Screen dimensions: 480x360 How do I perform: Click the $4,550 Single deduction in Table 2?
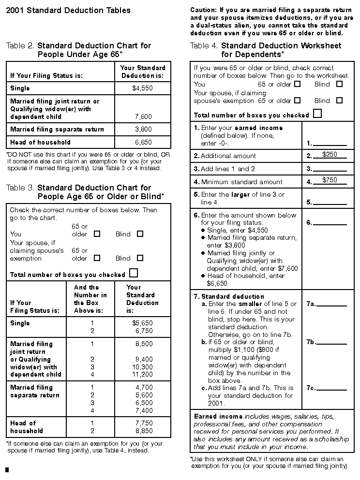[x=142, y=88]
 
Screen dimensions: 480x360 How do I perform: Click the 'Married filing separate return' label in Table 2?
[x=57, y=130]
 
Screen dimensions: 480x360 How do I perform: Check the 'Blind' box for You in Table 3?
[x=140, y=234]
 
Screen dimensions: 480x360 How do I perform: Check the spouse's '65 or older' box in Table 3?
[x=97, y=258]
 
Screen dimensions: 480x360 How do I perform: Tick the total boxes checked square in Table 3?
[x=133, y=273]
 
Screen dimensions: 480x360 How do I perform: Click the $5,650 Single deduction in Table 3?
[x=142, y=323]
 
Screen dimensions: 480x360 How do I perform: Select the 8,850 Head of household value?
[x=144, y=431]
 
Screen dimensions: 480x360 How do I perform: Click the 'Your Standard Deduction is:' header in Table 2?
[x=143, y=72]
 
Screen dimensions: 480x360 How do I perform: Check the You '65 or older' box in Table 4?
[x=297, y=84]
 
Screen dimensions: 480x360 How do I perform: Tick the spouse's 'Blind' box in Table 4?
[x=339, y=101]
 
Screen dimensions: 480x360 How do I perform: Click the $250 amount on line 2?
[x=330, y=154]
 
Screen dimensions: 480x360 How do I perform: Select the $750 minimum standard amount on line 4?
[x=330, y=180]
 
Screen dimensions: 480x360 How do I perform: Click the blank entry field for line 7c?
[x=331, y=388]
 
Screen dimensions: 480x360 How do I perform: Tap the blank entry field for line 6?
[x=331, y=223]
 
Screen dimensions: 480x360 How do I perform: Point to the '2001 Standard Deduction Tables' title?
[x=68, y=10]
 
